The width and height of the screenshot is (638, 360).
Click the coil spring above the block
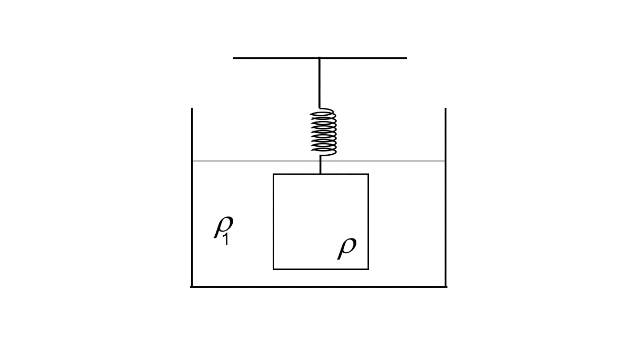click(323, 132)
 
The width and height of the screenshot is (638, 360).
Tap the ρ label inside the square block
click(347, 247)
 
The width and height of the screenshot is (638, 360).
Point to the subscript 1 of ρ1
click(226, 241)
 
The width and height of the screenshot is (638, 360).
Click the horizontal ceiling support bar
click(274, 58)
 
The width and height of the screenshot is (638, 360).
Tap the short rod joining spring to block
click(320, 165)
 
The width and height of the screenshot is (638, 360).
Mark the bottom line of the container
click(318, 287)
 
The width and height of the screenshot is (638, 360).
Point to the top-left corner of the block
click(273, 174)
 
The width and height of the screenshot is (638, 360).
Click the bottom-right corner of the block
click(368, 269)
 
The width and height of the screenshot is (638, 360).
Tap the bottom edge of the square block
click(321, 269)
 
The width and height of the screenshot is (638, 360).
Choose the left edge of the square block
click(273, 222)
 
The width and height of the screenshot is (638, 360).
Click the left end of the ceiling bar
click(234, 58)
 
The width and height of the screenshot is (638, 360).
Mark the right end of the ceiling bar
click(405, 58)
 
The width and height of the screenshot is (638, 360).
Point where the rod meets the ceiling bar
click(319, 58)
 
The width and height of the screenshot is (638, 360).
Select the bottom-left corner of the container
click(192, 287)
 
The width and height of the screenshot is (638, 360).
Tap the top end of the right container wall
click(445, 109)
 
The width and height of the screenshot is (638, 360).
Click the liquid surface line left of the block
click(232, 161)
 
